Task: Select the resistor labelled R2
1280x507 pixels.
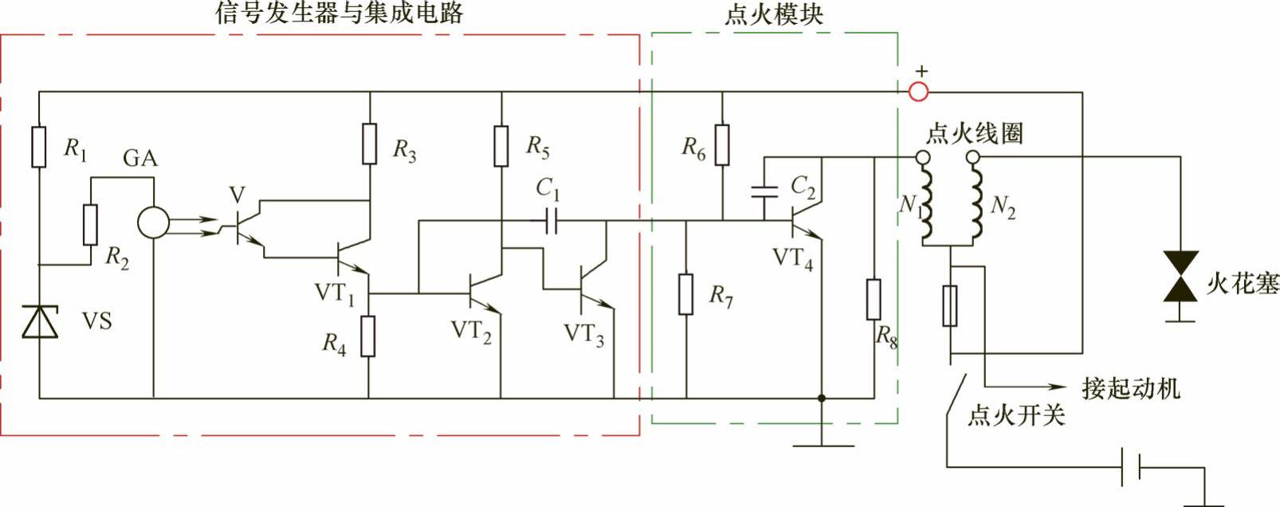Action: point(90,224)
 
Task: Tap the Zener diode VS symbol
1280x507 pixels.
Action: point(39,321)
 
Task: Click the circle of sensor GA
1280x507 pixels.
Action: point(153,223)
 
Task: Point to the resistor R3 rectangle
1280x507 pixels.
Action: point(369,144)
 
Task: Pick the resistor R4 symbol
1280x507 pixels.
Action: point(368,336)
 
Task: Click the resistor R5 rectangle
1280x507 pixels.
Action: point(501,146)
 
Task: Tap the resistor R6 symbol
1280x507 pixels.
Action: point(722,144)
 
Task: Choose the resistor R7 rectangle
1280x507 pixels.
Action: point(686,293)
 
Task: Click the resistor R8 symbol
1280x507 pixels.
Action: point(874,299)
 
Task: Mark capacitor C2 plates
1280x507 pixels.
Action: point(764,191)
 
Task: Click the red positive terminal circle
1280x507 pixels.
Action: point(919,92)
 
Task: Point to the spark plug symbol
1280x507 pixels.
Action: point(1180,276)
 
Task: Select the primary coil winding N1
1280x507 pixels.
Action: point(927,205)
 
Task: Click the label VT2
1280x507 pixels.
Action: point(471,331)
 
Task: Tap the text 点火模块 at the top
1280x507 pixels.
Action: point(773,15)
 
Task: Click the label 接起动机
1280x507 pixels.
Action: point(1130,388)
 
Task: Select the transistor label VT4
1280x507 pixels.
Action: point(793,259)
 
